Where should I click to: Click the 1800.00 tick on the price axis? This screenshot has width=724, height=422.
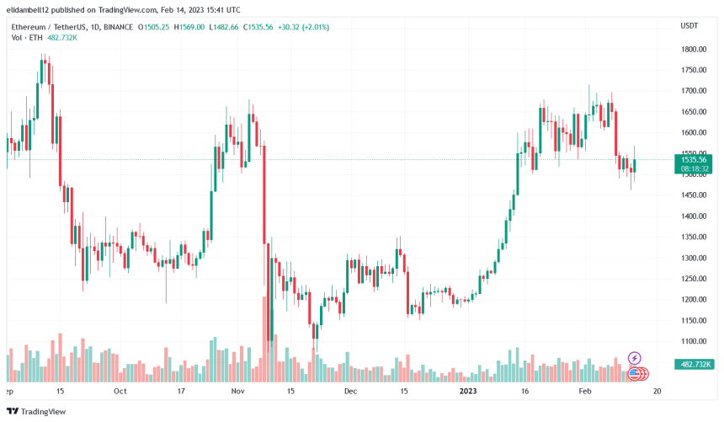[694, 49]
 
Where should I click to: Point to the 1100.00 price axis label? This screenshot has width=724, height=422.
[694, 341]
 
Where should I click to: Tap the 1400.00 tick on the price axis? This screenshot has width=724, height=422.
[694, 216]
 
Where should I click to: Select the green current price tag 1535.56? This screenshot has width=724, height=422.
[694, 159]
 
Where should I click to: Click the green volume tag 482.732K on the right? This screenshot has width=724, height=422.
[695, 364]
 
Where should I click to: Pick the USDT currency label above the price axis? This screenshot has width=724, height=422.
[689, 26]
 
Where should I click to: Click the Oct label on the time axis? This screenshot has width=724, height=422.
[120, 392]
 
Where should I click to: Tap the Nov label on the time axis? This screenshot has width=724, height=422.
[237, 392]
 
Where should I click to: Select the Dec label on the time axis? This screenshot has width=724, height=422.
[350, 392]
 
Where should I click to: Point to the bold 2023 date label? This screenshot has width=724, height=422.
[468, 392]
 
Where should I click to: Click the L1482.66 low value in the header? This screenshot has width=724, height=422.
[223, 27]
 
